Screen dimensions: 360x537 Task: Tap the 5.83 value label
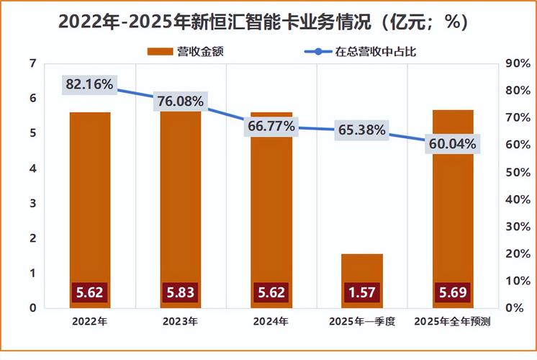181,292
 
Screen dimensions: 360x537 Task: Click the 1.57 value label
361,292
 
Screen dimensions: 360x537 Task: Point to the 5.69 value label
452,292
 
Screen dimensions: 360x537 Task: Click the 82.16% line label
89,84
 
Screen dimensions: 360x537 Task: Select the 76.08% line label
179,102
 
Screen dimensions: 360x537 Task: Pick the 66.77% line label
271,126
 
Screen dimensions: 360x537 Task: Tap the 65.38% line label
361,130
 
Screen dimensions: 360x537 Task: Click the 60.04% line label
452,143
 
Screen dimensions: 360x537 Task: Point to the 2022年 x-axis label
89,322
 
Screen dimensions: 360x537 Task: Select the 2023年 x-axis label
181,322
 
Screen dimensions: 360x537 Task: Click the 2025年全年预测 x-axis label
452,322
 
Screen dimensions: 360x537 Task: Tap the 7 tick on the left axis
32,63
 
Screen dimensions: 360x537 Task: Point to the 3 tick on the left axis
32,203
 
